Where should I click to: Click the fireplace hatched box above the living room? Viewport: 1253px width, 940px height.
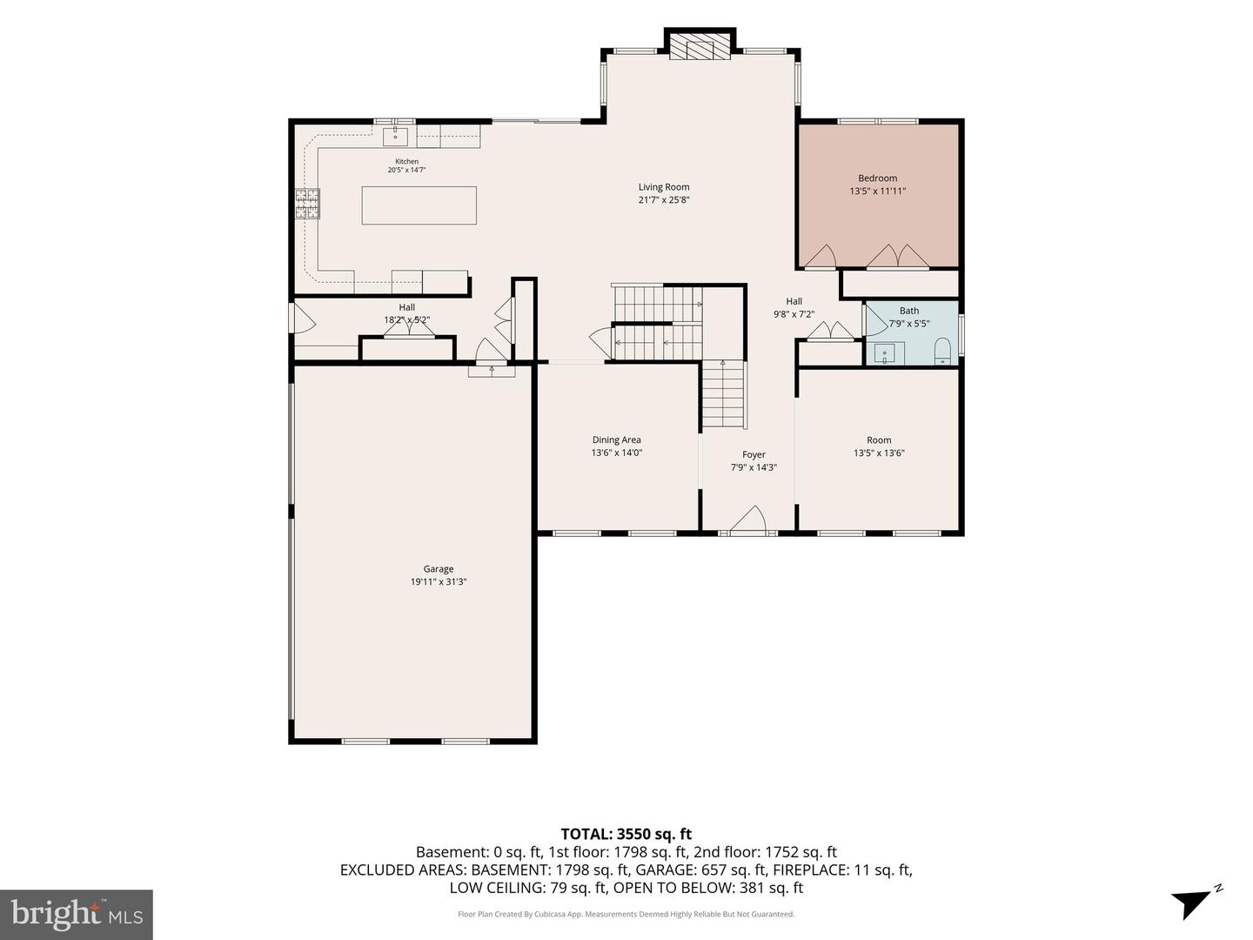(700, 46)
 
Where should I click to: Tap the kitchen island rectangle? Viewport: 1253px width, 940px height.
(419, 205)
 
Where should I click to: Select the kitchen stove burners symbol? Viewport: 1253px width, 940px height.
(307, 204)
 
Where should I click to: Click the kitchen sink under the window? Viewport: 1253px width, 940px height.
(395, 137)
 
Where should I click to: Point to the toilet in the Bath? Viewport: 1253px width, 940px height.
(941, 351)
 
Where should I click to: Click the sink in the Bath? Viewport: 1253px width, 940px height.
(885, 353)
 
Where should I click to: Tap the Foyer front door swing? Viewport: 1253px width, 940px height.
(747, 520)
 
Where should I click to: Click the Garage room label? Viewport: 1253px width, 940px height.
(439, 568)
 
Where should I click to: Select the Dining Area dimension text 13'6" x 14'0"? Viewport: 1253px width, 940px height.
(617, 453)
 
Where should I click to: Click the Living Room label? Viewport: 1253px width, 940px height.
(664, 186)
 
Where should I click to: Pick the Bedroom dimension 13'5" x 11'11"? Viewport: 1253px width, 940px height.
(877, 191)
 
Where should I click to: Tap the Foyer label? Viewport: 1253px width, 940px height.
(754, 454)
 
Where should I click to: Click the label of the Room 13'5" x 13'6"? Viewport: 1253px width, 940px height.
(879, 440)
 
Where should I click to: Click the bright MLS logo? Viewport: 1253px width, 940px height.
(77, 914)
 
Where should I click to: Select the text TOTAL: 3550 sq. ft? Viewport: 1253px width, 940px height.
(626, 834)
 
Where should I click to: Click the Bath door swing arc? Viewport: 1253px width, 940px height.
(877, 321)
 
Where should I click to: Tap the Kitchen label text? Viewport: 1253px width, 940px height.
(407, 162)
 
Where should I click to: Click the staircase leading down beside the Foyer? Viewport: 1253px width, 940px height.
(723, 394)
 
